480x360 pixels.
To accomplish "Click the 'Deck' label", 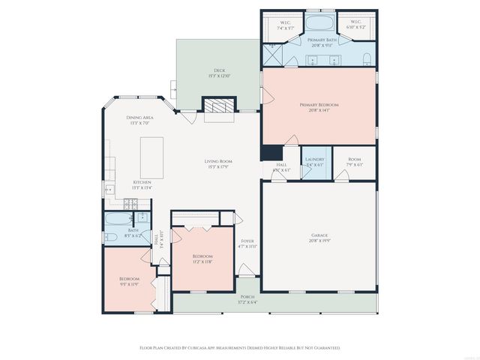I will click(x=218, y=71).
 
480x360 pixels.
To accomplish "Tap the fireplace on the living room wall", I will click(x=218, y=106).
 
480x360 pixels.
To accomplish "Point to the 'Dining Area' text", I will click(x=139, y=118).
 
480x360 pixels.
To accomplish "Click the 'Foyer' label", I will click(x=247, y=241).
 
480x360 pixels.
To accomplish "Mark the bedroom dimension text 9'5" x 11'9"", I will click(x=129, y=284).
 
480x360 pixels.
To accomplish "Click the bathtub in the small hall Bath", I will click(x=116, y=220).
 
